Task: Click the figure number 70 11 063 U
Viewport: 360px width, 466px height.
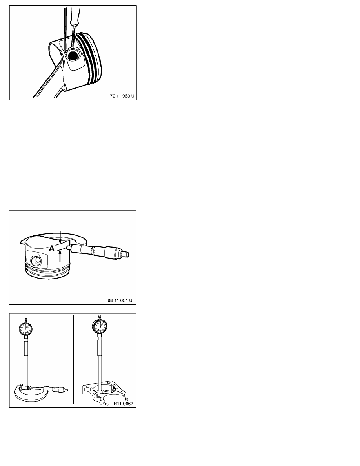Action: click(122, 96)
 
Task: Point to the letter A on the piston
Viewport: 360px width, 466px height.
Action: click(52, 248)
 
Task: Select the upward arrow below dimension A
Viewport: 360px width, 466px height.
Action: click(60, 256)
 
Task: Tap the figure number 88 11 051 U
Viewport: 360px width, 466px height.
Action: click(121, 300)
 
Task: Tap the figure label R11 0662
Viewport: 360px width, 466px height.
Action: click(123, 404)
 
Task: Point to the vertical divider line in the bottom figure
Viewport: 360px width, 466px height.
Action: click(73, 360)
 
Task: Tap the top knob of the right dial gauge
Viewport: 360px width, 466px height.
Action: click(100, 316)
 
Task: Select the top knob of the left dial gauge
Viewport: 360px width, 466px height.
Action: click(25, 320)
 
